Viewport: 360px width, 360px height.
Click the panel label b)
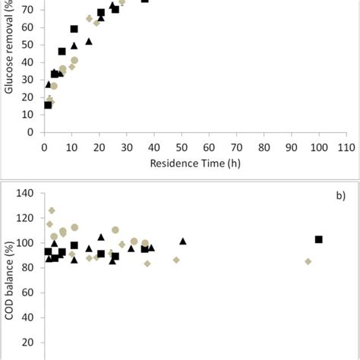click(x=340, y=195)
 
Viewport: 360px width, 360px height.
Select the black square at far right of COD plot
click(x=319, y=239)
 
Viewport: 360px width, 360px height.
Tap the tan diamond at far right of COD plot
click(x=308, y=261)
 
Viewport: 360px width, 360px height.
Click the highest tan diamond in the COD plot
click(x=52, y=210)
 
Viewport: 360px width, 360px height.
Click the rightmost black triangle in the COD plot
click(x=183, y=242)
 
